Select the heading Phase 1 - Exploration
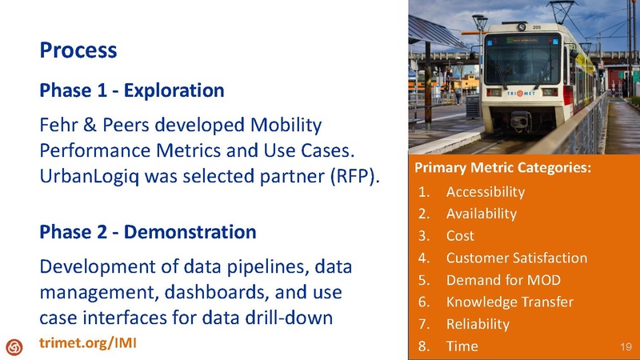pos(131,90)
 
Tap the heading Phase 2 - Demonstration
pos(147,232)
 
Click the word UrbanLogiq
pos(94,176)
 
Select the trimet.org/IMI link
pos(88,343)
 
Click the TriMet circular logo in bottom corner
pos(14,346)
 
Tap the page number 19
pos(626,346)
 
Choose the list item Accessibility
pos(485,192)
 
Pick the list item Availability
pos(481,214)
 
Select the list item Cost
pos(460,236)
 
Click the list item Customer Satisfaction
pos(516,258)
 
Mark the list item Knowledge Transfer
pos(510,302)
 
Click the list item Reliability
pos(478,324)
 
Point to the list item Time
pos(462,346)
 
